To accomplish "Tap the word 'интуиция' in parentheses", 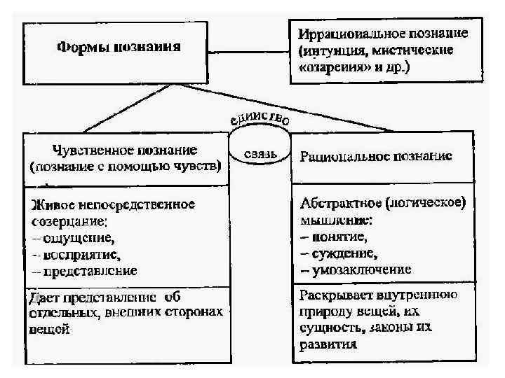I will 335,50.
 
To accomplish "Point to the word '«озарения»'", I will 328,68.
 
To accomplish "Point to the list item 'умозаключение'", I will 359,269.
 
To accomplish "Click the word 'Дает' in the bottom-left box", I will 42,297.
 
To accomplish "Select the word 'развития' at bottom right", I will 327,344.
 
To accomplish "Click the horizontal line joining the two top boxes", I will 249,50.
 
